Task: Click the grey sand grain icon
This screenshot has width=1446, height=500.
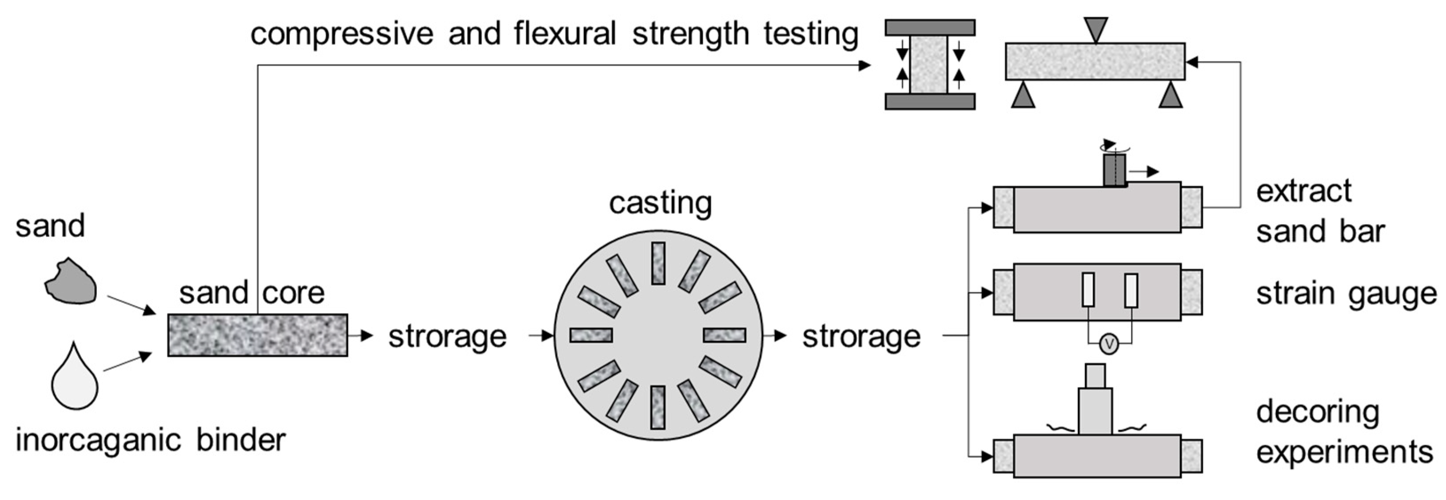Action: (x=71, y=282)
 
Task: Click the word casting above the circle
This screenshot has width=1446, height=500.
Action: (x=660, y=203)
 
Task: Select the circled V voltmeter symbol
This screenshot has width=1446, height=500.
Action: (x=1109, y=344)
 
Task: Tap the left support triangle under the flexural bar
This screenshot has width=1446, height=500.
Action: (x=1023, y=96)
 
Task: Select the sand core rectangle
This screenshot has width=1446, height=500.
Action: (x=258, y=335)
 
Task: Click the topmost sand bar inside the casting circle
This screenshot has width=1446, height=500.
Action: (x=658, y=263)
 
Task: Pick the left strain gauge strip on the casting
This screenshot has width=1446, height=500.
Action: (x=1088, y=290)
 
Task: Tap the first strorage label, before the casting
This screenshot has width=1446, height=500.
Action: (x=447, y=336)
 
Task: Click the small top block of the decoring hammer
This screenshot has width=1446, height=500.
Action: (x=1095, y=376)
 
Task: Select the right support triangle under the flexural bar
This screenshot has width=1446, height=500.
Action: (x=1171, y=96)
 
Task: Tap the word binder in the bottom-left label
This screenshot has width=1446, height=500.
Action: (x=241, y=440)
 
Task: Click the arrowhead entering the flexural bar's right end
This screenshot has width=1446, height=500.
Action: (x=1191, y=62)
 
